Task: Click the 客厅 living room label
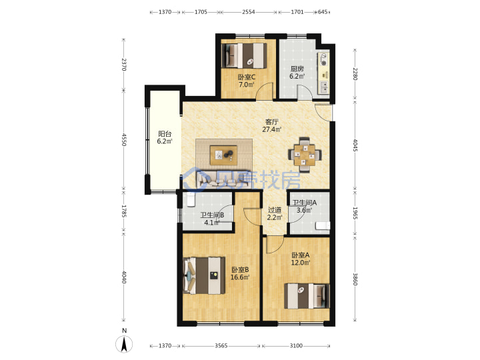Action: point(271,122)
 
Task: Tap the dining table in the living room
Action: point(305,155)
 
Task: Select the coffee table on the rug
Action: point(223,155)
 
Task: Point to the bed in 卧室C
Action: point(244,55)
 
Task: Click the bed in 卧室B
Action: point(204,276)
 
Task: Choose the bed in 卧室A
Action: point(307,296)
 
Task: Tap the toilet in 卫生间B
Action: point(191,199)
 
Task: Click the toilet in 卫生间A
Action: point(323,225)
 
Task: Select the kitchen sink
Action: point(324,87)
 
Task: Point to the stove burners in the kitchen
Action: point(323,59)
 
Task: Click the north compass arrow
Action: point(124,344)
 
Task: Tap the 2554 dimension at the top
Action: point(248,12)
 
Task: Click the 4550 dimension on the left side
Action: point(124,139)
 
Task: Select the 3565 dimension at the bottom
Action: point(221,345)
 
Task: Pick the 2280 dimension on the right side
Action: point(355,74)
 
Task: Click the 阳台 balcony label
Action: point(165,134)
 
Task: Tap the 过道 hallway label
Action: point(275,210)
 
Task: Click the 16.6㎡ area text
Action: point(240,277)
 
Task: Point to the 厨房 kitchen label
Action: point(297,69)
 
